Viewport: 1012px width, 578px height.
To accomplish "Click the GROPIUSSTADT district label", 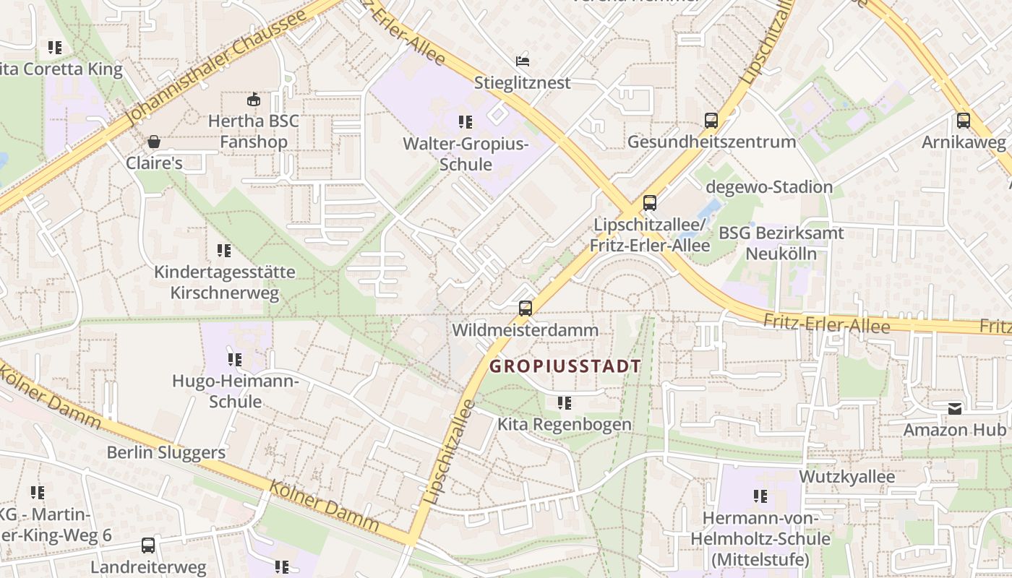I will point(565,366).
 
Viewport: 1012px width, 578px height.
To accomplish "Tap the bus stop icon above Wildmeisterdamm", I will point(526,309).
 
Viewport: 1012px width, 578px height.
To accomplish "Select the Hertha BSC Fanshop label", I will point(253,131).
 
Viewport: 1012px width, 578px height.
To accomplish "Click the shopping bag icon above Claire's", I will point(154,142).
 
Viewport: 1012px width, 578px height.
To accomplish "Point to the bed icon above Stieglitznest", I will point(523,61).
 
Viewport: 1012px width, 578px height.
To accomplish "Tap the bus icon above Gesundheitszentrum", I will point(711,121).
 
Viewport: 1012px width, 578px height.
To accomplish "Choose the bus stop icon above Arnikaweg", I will point(963,121).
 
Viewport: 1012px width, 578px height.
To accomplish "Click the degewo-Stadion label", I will point(769,187).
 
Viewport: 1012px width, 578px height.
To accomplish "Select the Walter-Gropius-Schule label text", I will point(466,154).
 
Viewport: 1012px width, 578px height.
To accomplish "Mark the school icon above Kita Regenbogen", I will point(565,402).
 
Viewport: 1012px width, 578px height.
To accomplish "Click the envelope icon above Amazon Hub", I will point(955,409).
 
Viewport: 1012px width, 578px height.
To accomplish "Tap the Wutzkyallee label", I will point(846,477).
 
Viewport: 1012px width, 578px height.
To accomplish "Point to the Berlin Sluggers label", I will point(166,453).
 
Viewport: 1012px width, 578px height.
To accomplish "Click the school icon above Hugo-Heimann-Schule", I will point(235,359).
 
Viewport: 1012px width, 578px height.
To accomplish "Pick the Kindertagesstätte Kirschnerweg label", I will point(224,282).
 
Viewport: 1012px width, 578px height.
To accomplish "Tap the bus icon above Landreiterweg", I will point(148,545).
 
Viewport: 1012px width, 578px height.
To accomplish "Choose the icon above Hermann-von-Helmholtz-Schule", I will point(760,496).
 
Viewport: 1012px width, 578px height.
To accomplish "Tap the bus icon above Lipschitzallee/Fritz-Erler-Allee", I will point(650,203).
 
